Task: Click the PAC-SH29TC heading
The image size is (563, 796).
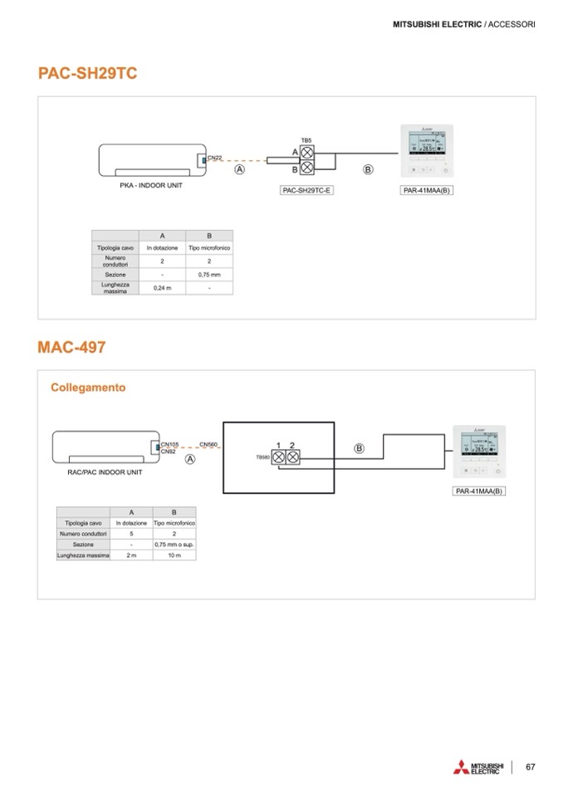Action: coord(87,74)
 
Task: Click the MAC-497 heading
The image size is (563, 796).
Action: coord(71,347)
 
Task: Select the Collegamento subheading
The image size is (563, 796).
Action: coord(88,388)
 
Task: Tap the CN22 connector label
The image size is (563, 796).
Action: coord(214,156)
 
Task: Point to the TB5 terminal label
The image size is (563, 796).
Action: coord(306,140)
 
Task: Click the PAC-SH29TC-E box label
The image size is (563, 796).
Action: coord(306,190)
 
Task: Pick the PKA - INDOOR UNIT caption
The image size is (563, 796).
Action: coord(151,185)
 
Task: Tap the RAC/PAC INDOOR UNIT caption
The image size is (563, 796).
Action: coord(105,471)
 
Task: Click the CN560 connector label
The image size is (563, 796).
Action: coord(208,444)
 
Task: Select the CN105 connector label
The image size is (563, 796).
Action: coord(169,444)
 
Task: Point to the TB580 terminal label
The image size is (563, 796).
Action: coord(262,457)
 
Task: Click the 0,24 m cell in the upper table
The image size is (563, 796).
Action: coord(162,287)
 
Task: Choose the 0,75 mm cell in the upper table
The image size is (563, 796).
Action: coord(209,274)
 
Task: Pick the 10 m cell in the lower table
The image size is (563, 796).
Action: coord(174,555)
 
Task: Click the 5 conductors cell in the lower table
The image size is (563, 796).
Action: coord(131,534)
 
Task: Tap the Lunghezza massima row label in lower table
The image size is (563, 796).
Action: coord(83,555)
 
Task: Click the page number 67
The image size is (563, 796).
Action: coord(530,766)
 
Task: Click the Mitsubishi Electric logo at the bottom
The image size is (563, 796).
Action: coord(478,767)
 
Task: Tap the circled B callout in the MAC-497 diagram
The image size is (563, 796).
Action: coord(359,448)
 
